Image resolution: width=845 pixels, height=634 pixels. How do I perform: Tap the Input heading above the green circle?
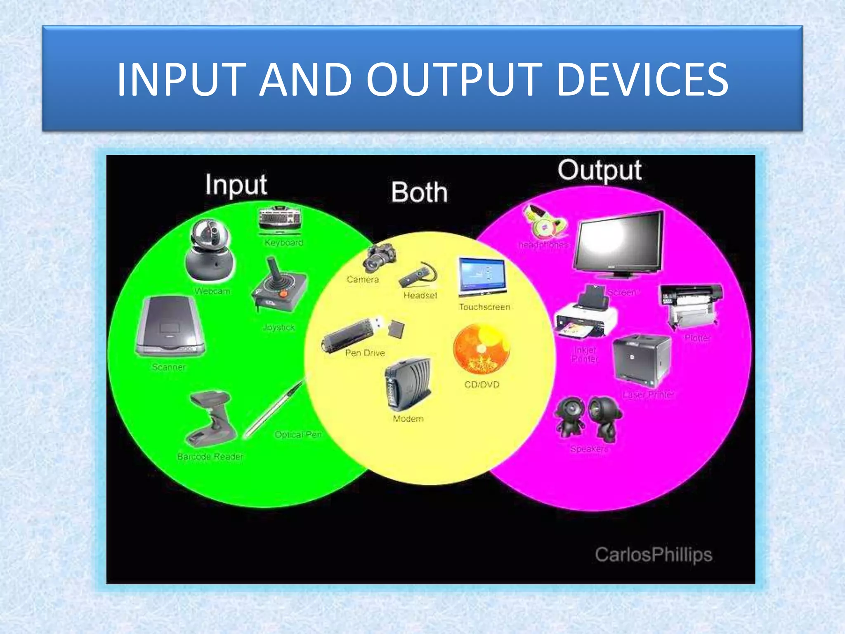pyautogui.click(x=236, y=185)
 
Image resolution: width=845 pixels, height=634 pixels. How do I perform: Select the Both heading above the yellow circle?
pyautogui.click(x=419, y=192)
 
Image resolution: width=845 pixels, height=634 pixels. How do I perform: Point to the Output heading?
pyautogui.click(x=600, y=170)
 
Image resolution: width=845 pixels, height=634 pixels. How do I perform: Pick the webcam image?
pyautogui.click(x=210, y=251)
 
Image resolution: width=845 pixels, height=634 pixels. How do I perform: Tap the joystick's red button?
pyautogui.click(x=283, y=294)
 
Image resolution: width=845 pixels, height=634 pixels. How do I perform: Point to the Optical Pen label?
pyautogui.click(x=298, y=435)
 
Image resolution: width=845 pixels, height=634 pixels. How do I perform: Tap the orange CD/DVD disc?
pyautogui.click(x=482, y=349)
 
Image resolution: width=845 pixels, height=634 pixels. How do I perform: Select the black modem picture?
pyautogui.click(x=408, y=384)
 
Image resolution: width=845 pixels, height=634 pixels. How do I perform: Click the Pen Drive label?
pyautogui.click(x=365, y=353)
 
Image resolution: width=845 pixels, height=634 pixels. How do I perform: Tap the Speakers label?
pyautogui.click(x=589, y=449)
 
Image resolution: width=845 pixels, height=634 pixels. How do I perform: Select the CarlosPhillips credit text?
pyautogui.click(x=654, y=554)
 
